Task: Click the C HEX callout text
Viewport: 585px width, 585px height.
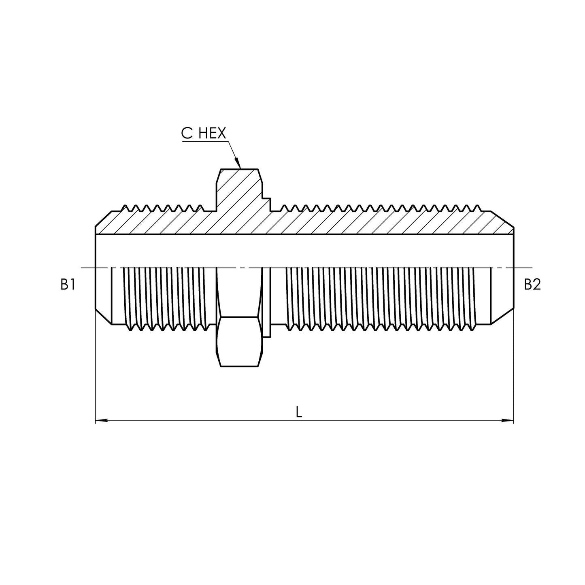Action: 203,134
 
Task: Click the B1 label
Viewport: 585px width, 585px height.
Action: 68,285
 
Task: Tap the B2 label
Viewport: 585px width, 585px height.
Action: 532,285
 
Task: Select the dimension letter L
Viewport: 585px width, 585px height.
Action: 299,412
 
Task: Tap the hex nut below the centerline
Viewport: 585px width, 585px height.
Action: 238,342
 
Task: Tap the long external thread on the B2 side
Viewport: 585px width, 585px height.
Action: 381,298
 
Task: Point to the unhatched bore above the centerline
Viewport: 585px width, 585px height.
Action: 304,250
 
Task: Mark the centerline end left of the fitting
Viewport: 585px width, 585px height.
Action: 83,268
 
